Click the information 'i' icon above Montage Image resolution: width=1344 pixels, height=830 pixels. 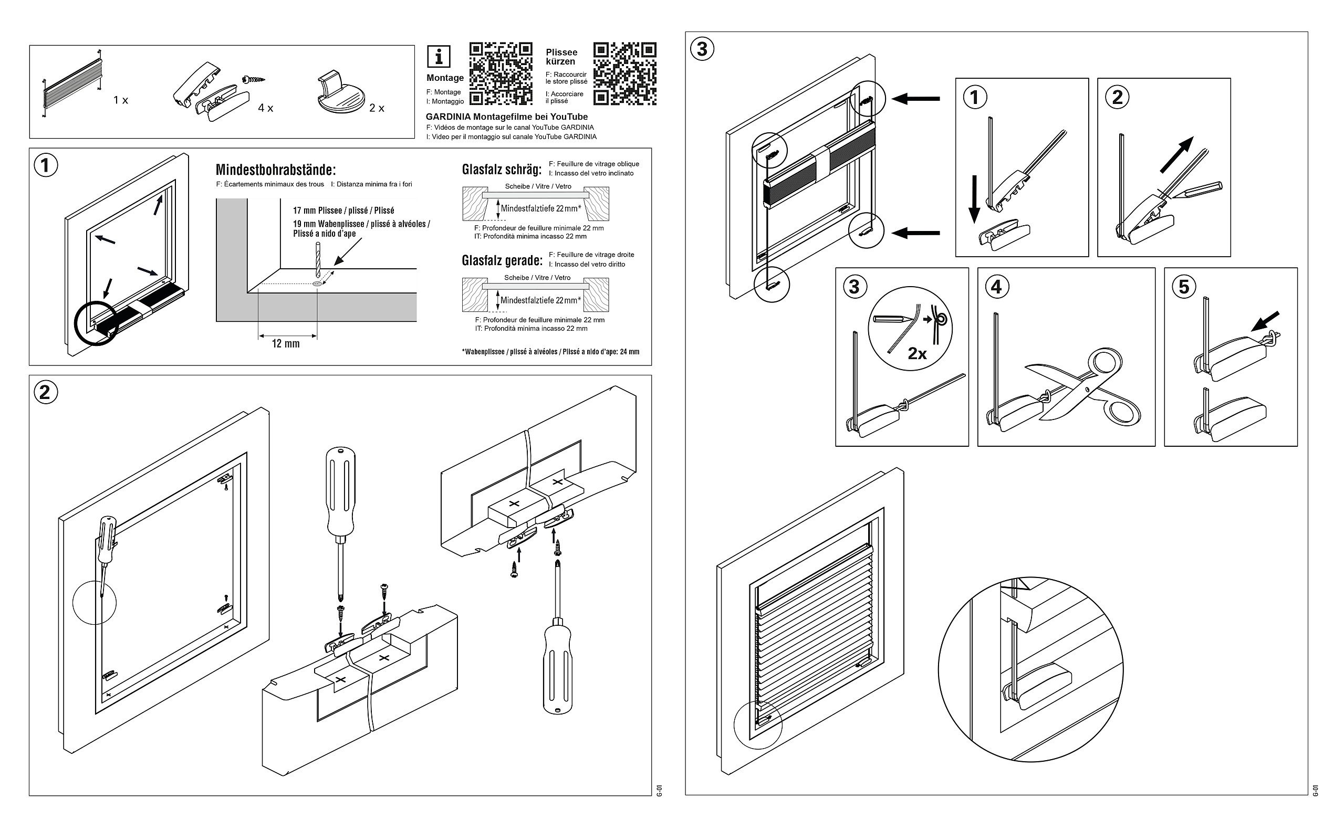pos(438,56)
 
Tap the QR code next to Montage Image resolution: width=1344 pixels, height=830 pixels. pos(500,73)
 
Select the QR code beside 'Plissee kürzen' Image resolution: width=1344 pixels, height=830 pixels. pos(625,73)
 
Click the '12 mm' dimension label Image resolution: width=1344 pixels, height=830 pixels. pos(286,344)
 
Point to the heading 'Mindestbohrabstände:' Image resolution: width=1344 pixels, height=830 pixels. pos(275,169)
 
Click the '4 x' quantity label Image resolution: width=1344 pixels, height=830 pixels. pos(266,108)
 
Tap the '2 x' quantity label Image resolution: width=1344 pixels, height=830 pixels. pos(377,108)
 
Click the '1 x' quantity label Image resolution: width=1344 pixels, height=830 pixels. pos(121,100)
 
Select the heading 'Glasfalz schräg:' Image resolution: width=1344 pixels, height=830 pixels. pos(501,169)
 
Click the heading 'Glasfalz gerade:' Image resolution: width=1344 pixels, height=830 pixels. pos(502,260)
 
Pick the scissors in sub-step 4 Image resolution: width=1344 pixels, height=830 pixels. pos(1085,391)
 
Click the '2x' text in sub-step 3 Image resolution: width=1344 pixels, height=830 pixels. pos(917,353)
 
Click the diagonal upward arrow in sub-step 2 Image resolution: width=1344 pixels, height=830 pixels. pos(1176,155)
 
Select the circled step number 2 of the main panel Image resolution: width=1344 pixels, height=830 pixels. pos(45,392)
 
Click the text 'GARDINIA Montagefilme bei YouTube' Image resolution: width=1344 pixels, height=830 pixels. pos(506,117)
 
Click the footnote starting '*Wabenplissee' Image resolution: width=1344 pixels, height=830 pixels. pos(550,352)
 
